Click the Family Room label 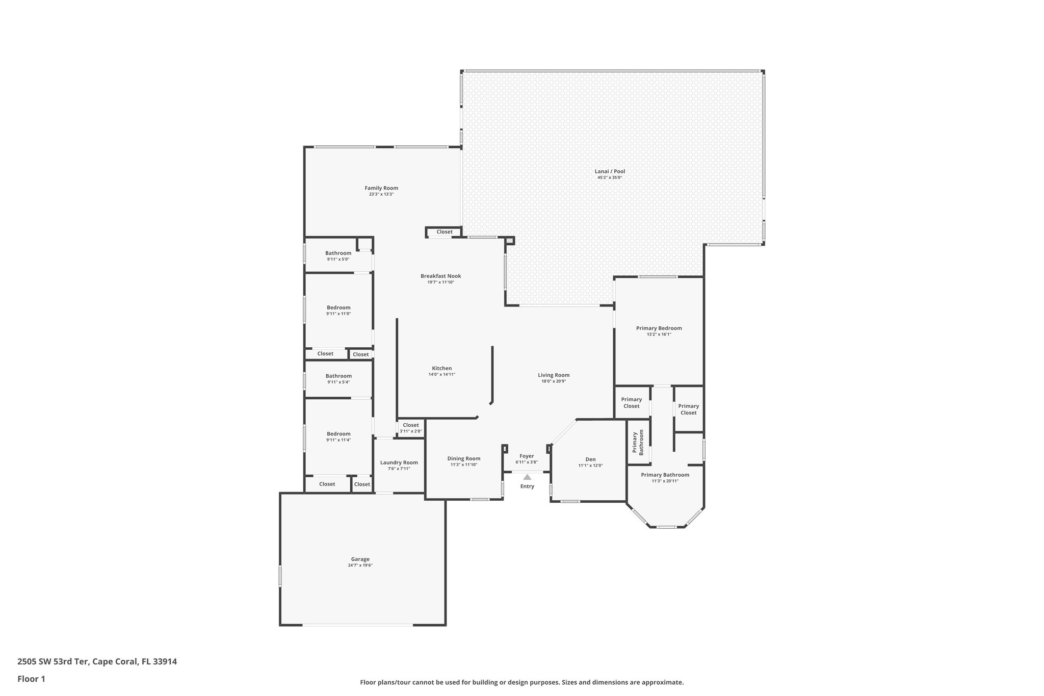click(x=381, y=188)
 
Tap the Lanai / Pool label click(x=610, y=171)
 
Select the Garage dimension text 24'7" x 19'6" click(x=360, y=565)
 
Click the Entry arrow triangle click(x=527, y=477)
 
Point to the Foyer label click(x=527, y=456)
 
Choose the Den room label click(x=590, y=459)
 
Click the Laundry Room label click(x=399, y=462)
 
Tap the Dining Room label click(x=463, y=458)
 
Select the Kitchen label click(x=441, y=368)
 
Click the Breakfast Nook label click(x=440, y=276)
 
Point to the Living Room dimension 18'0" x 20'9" click(x=553, y=381)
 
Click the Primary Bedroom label click(x=659, y=328)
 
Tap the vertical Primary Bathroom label click(x=638, y=442)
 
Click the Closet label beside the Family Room click(x=444, y=232)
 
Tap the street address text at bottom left click(x=97, y=661)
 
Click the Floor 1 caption click(x=31, y=679)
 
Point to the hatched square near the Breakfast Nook click(x=509, y=241)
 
